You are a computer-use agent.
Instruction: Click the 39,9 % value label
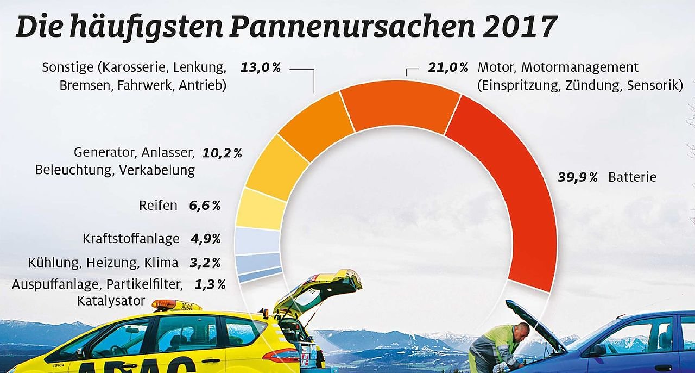[578, 177]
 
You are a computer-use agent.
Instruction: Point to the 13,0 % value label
[260, 68]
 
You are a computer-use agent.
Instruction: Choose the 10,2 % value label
[222, 153]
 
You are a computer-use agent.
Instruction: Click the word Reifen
[158, 206]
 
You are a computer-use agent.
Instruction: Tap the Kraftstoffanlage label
[131, 239]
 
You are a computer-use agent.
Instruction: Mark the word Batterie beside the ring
[632, 177]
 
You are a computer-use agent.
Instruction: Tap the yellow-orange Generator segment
[277, 162]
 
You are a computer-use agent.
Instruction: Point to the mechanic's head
[521, 331]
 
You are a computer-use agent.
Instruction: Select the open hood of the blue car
[535, 325]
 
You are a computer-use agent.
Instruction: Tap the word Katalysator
[111, 301]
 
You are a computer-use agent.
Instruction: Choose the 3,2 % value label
[205, 263]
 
